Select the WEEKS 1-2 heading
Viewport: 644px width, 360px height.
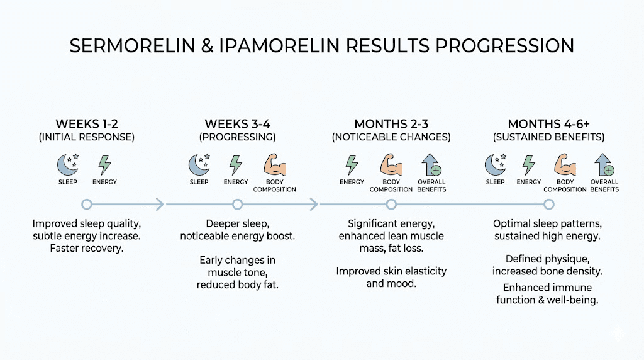tap(87, 124)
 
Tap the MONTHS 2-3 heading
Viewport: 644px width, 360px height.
tap(391, 124)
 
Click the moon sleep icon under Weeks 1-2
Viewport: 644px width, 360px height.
tap(67, 165)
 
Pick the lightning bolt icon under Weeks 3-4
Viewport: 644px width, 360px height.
tap(235, 165)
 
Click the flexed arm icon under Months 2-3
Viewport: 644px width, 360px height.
tap(391, 165)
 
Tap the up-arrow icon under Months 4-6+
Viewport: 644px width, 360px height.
tap(604, 165)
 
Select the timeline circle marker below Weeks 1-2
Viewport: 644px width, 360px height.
tap(87, 204)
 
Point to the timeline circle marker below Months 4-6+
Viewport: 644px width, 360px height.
tap(548, 204)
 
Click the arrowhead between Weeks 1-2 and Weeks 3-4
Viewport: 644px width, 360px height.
tap(159, 204)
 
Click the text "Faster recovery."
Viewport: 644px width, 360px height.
tap(87, 249)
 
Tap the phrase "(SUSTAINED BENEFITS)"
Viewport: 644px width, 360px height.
tap(548, 137)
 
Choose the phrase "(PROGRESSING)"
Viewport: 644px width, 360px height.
tap(237, 137)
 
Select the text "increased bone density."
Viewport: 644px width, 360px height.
tap(548, 271)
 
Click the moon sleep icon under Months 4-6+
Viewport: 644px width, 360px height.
tap(495, 165)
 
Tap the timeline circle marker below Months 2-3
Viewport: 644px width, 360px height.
tap(391, 204)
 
